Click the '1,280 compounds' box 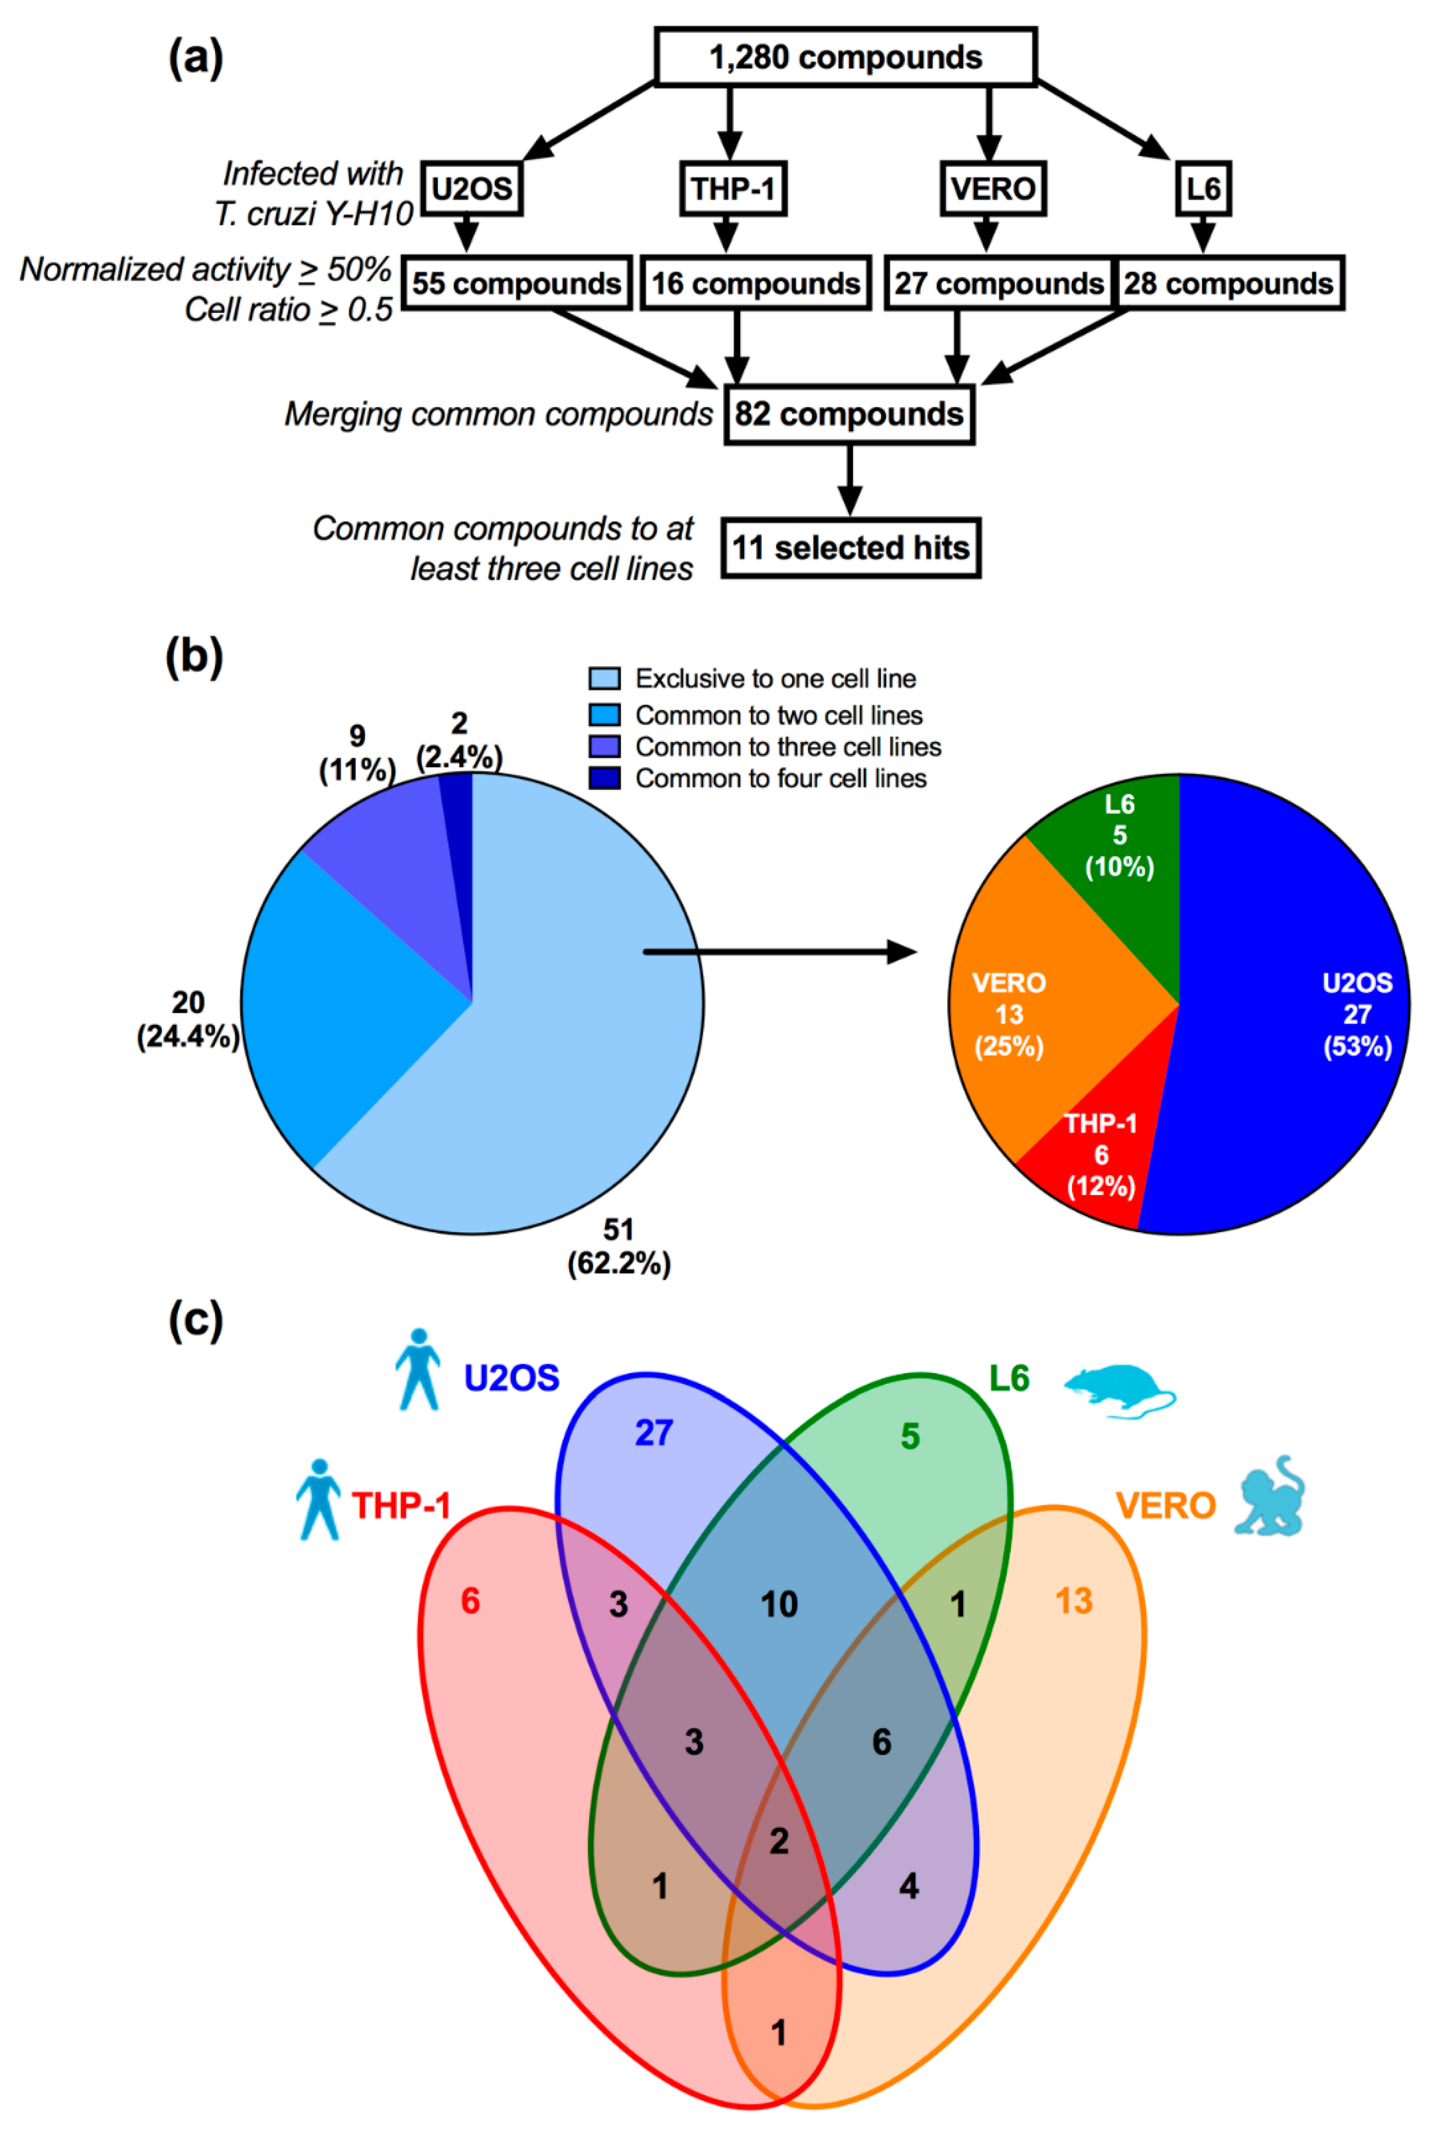click(845, 57)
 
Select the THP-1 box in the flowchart click(732, 189)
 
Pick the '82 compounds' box click(849, 414)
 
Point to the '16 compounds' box click(755, 283)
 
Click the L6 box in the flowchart click(1202, 189)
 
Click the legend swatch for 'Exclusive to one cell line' click(604, 679)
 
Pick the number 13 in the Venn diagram click(1074, 1601)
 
